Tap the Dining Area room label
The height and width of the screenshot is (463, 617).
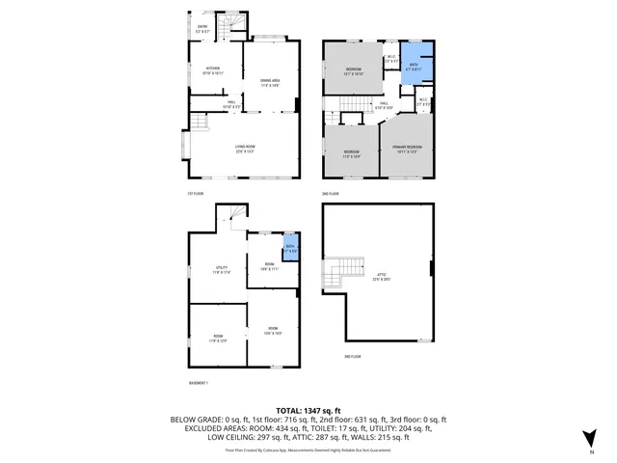(x=269, y=82)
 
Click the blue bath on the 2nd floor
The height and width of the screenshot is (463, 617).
(x=416, y=68)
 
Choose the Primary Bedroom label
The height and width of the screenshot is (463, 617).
(x=405, y=149)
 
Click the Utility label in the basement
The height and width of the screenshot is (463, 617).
(x=221, y=269)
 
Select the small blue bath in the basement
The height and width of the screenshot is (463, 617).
(x=289, y=249)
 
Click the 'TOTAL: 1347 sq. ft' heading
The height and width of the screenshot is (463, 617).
(x=308, y=410)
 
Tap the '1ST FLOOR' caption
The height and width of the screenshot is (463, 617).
(x=196, y=193)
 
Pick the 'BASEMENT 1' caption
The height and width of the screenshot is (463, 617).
(x=201, y=383)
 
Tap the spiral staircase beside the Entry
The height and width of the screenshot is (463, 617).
(x=228, y=28)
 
